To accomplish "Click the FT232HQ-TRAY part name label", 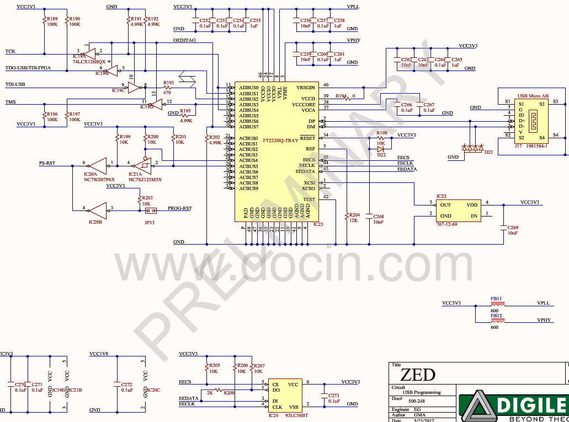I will coord(280,140).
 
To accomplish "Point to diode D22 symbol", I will coord(381,149).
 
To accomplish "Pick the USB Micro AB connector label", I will coord(532,95).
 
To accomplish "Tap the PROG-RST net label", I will coord(179,209).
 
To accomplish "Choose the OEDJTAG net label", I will coord(184,40).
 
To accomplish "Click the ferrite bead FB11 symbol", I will coord(497,304).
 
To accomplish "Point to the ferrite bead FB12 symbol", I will coord(497,320).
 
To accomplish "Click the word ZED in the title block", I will coord(417,375).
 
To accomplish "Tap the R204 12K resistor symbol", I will coord(346,215).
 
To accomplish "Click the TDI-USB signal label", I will coord(16,85).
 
